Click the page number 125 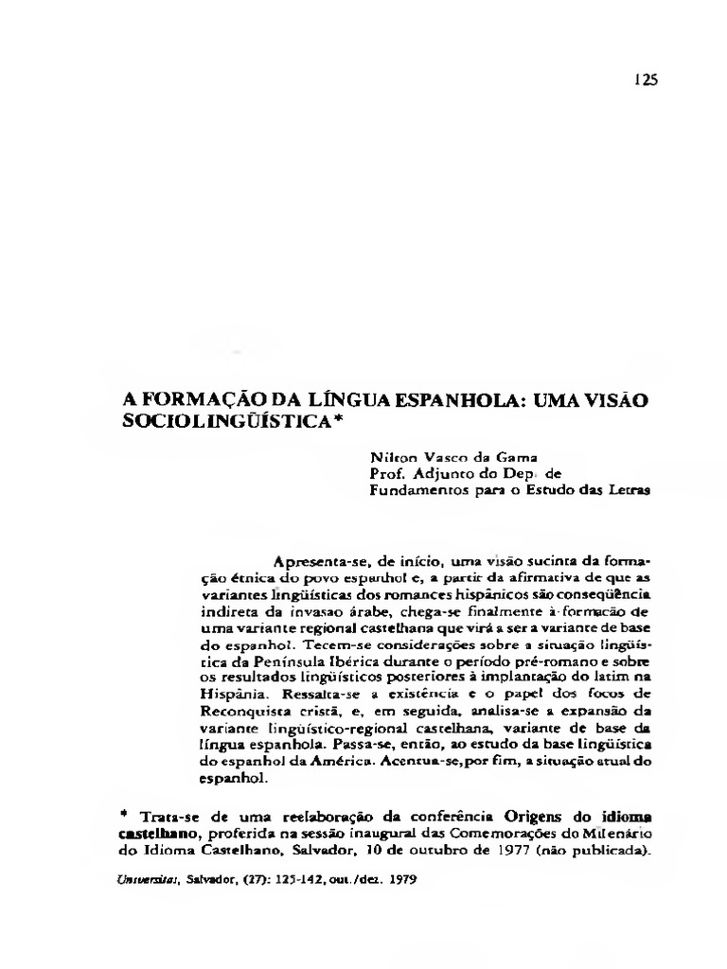coord(646,79)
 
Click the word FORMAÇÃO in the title coord(194,374)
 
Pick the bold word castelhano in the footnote coord(156,834)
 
